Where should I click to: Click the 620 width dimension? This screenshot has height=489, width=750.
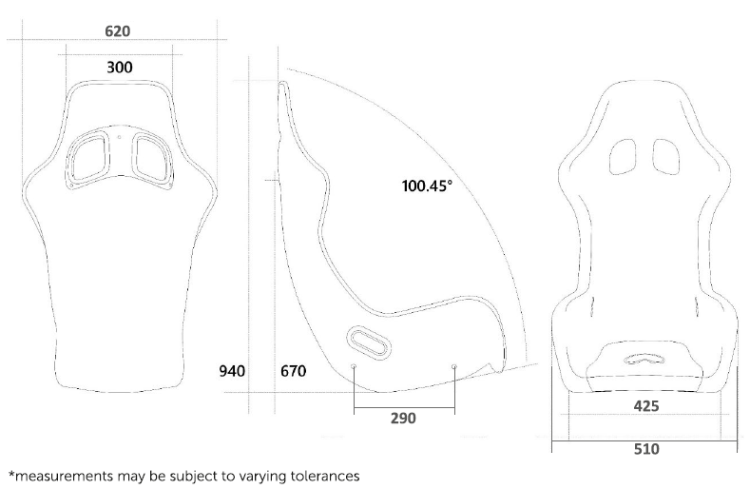pyautogui.click(x=117, y=31)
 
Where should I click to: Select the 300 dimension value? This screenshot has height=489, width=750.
pyautogui.click(x=119, y=67)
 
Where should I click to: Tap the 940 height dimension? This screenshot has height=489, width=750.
pyautogui.click(x=232, y=371)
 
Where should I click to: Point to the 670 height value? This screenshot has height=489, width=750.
pyautogui.click(x=293, y=371)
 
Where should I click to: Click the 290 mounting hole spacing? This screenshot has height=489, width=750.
pyautogui.click(x=403, y=418)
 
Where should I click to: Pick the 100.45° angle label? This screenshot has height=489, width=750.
pyautogui.click(x=427, y=186)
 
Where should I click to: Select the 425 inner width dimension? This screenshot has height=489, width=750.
pyautogui.click(x=646, y=406)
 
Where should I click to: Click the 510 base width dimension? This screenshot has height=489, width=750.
pyautogui.click(x=646, y=449)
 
